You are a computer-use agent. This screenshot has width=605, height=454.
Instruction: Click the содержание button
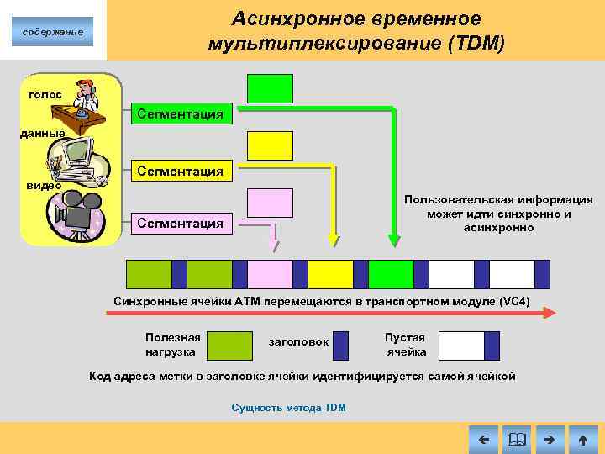click(x=52, y=32)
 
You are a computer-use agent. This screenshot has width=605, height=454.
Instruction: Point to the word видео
click(x=44, y=185)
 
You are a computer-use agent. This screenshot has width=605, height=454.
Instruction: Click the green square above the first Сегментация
click(x=270, y=88)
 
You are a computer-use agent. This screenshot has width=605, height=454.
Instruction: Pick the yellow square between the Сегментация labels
click(x=270, y=145)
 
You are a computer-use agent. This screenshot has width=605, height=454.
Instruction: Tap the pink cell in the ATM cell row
click(x=270, y=274)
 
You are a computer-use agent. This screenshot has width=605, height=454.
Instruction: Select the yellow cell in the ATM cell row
click(x=330, y=274)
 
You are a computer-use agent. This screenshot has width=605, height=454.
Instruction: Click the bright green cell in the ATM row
click(x=391, y=274)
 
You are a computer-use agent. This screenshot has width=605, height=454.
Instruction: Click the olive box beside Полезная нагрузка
click(x=229, y=346)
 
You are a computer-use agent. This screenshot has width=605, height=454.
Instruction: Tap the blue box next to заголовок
click(x=340, y=346)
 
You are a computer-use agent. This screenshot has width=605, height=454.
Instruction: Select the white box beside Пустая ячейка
click(x=461, y=346)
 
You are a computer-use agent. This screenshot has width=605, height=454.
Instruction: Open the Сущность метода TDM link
click(x=288, y=408)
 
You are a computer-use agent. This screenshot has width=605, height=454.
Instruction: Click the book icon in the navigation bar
click(x=516, y=439)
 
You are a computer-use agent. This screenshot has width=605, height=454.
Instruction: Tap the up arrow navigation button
click(x=582, y=439)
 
